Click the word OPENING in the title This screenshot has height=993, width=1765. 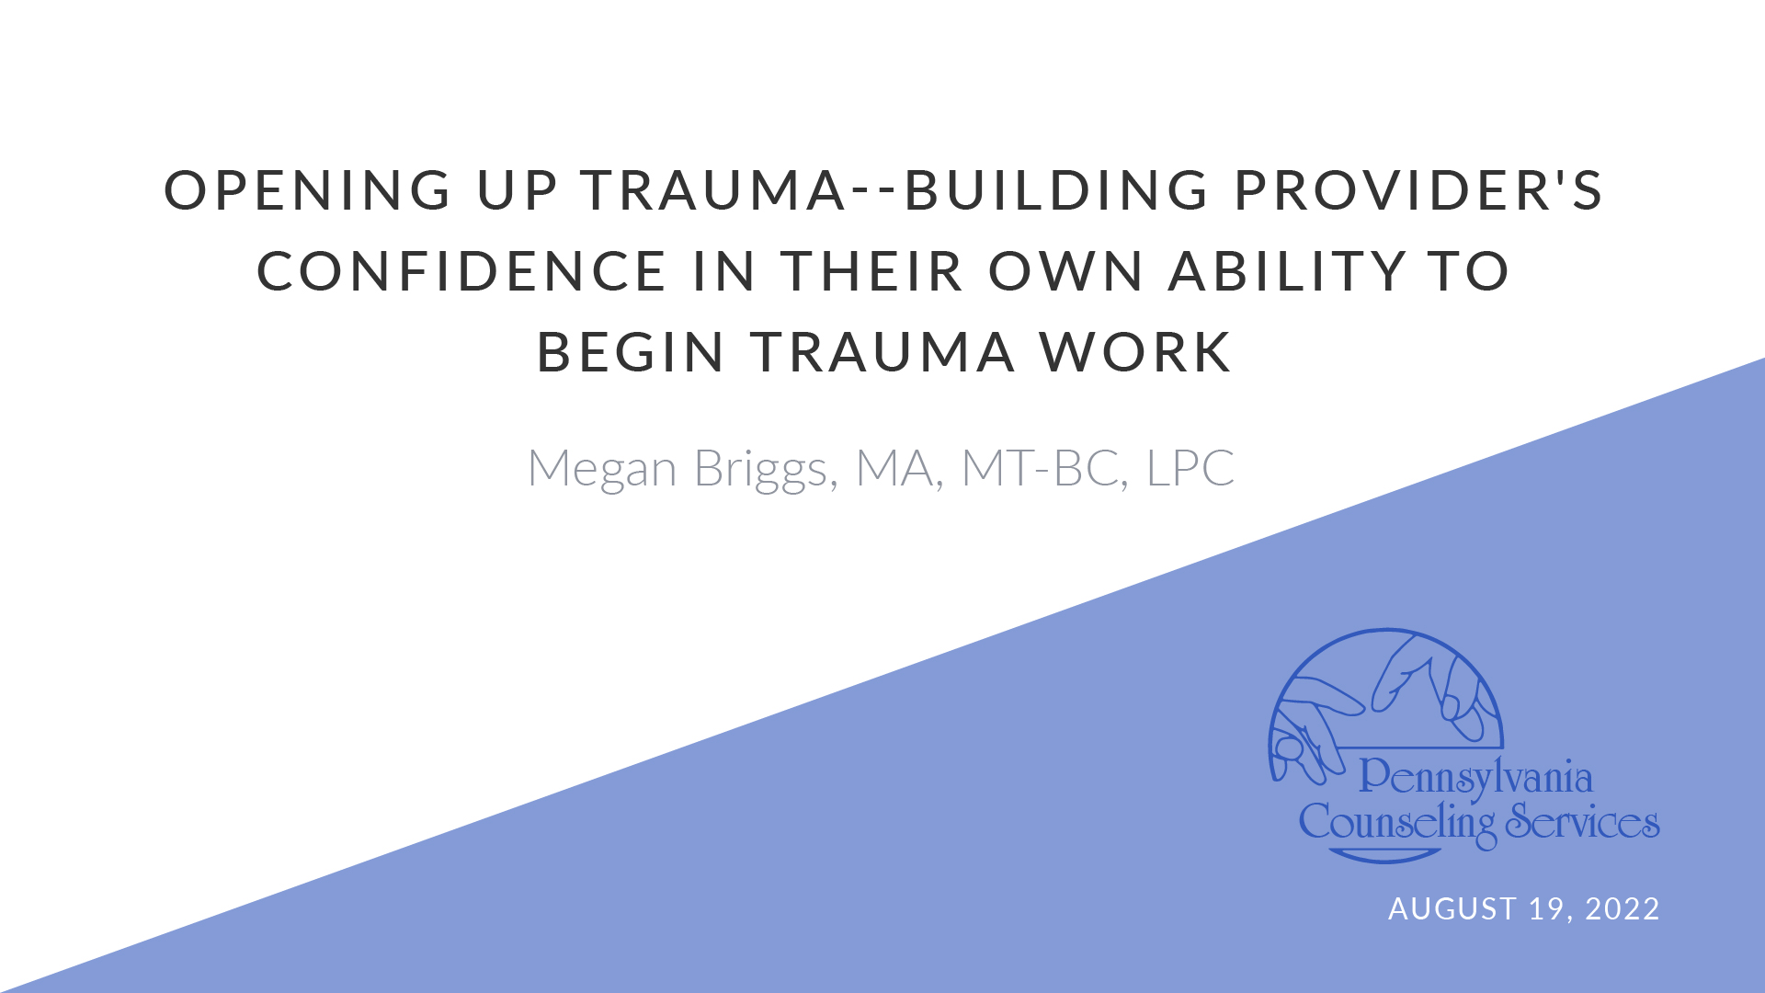coord(307,190)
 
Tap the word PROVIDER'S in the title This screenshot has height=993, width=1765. coord(1418,190)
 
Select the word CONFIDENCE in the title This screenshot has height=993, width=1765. coord(461,271)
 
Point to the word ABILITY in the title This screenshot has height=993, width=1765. coord(1287,271)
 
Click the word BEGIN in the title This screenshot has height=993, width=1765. coord(631,352)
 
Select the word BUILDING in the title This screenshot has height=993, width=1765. coord(1057,190)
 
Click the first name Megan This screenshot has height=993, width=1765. coord(602,470)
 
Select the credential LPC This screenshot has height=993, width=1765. coord(1190,468)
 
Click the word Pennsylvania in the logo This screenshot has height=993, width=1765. coord(1475,777)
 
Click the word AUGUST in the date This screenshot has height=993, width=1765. coord(1452,908)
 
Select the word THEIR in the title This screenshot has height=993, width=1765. coord(872,271)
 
